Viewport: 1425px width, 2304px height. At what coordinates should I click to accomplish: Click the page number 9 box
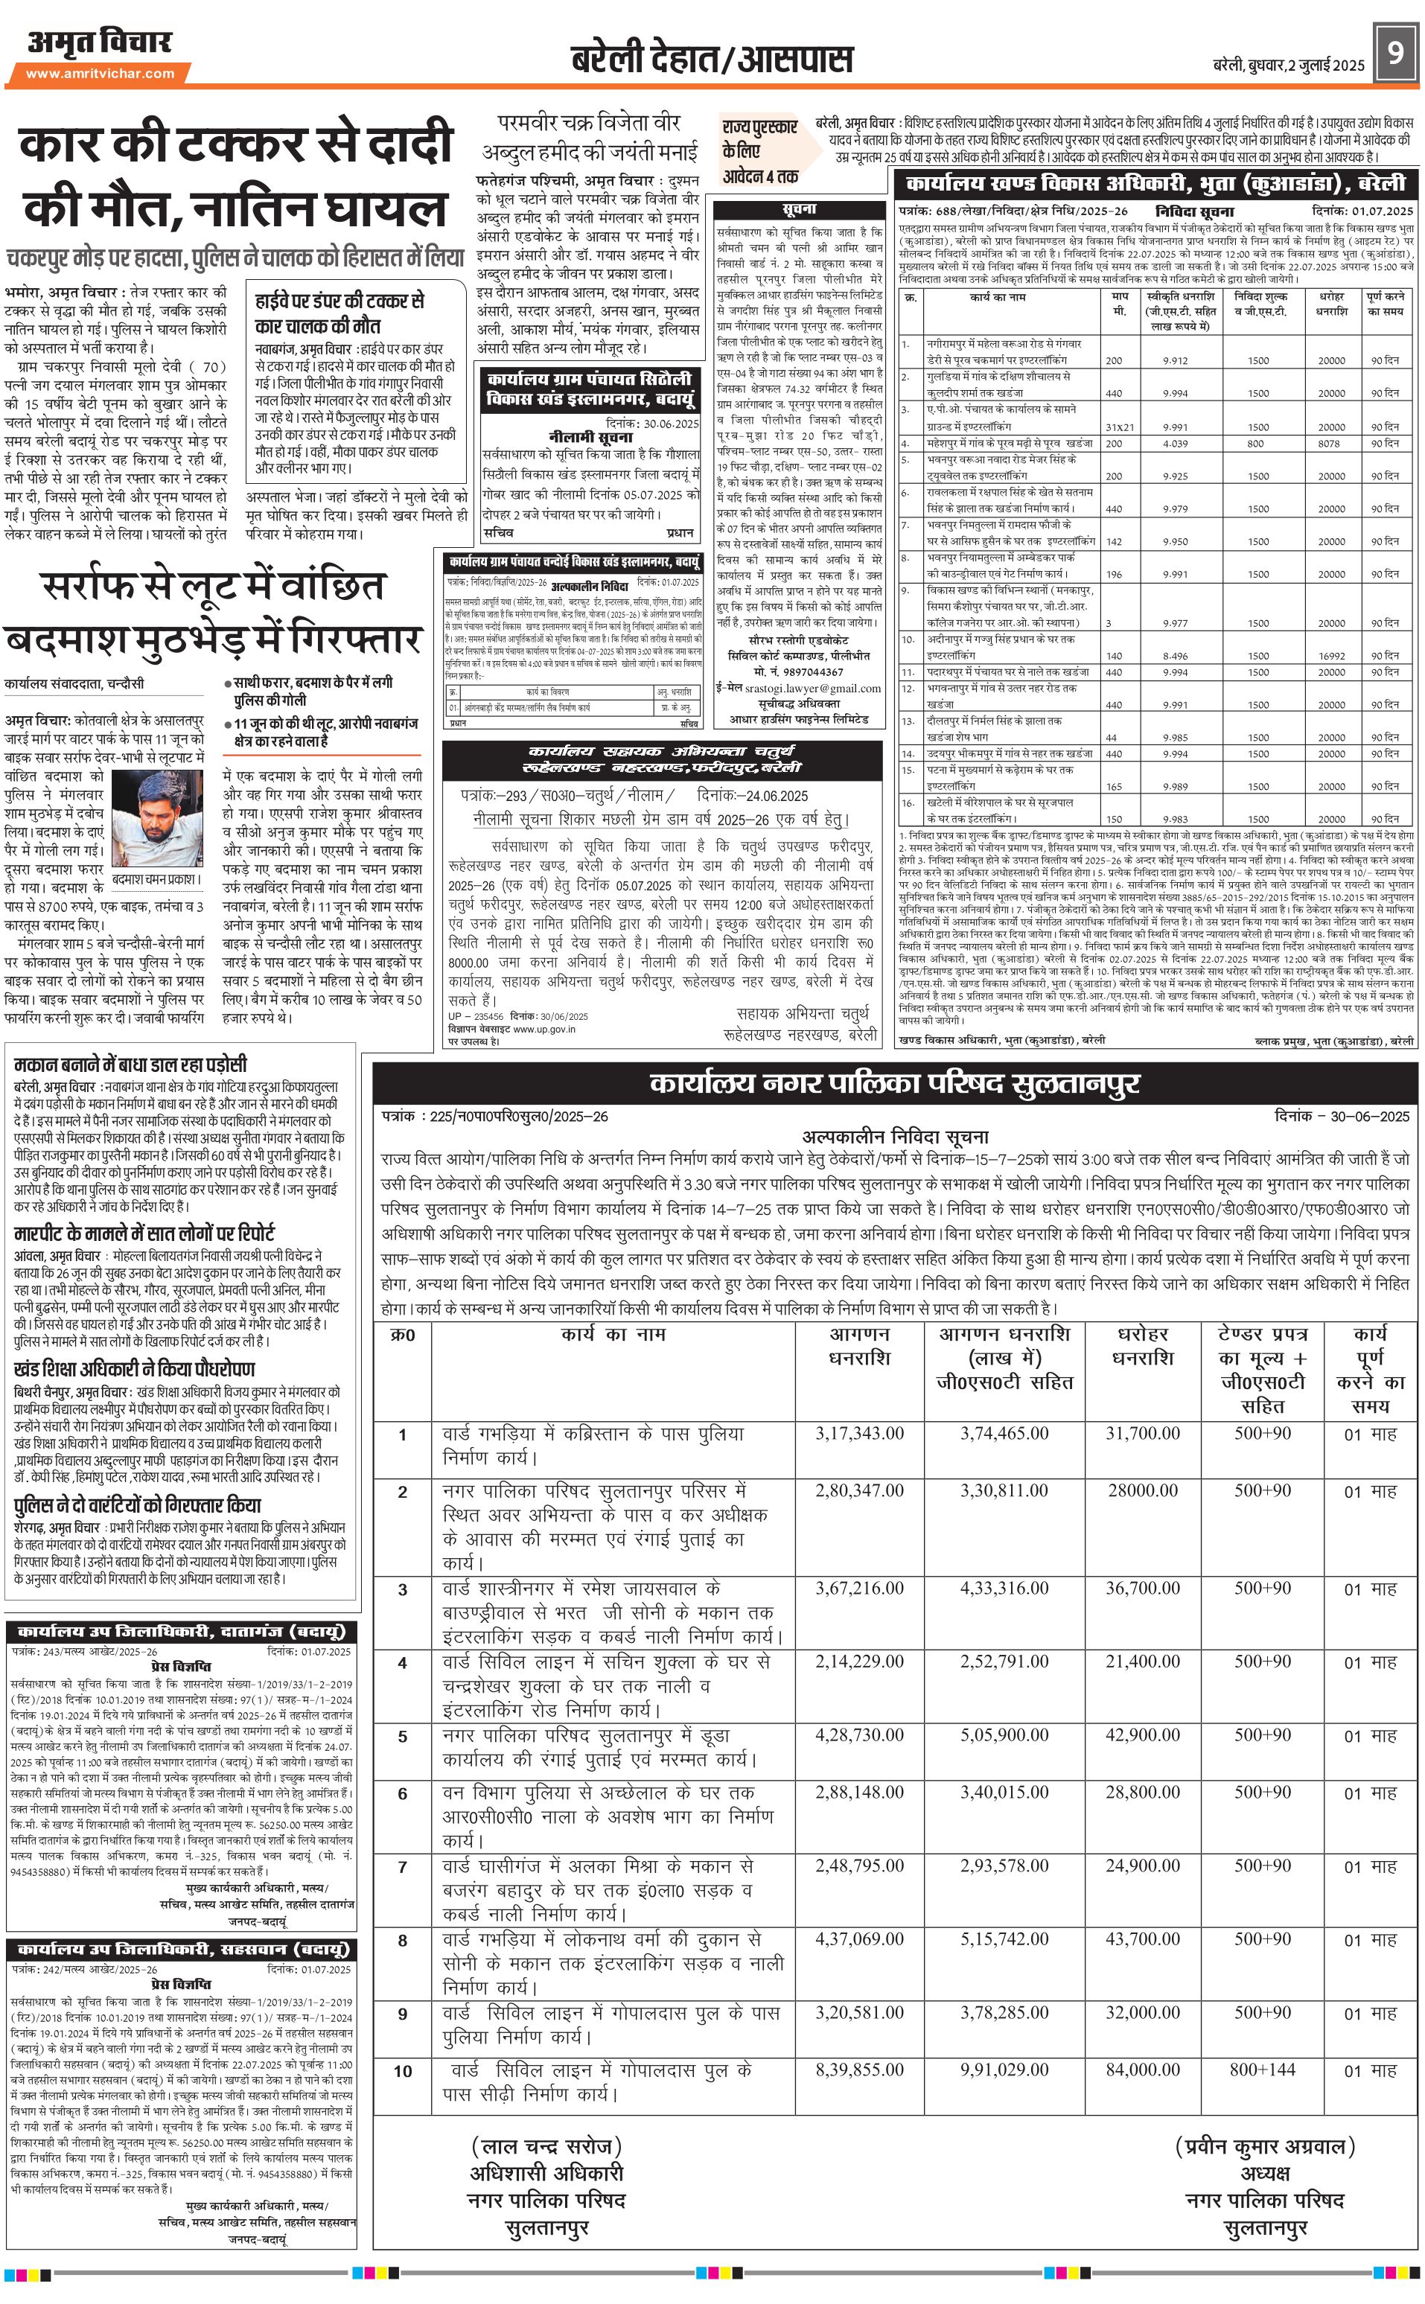[1394, 52]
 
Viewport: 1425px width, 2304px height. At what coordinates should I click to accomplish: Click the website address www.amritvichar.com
[100, 74]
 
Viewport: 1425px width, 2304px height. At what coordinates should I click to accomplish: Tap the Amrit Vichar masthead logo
[100, 42]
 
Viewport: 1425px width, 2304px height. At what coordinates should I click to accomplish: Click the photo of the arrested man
[157, 818]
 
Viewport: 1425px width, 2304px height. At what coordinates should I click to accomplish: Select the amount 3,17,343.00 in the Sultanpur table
[859, 1433]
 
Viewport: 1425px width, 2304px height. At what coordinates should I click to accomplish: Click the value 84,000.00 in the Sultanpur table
[1142, 2070]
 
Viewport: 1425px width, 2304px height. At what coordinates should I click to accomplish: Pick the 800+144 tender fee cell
[1262, 2070]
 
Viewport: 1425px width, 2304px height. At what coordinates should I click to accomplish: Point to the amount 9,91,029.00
[1004, 2070]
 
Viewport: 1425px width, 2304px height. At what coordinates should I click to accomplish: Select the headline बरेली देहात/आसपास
[712, 60]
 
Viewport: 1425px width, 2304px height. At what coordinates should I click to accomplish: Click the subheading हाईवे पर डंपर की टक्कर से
[339, 301]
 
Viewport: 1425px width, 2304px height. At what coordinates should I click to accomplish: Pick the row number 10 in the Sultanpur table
[403, 2071]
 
